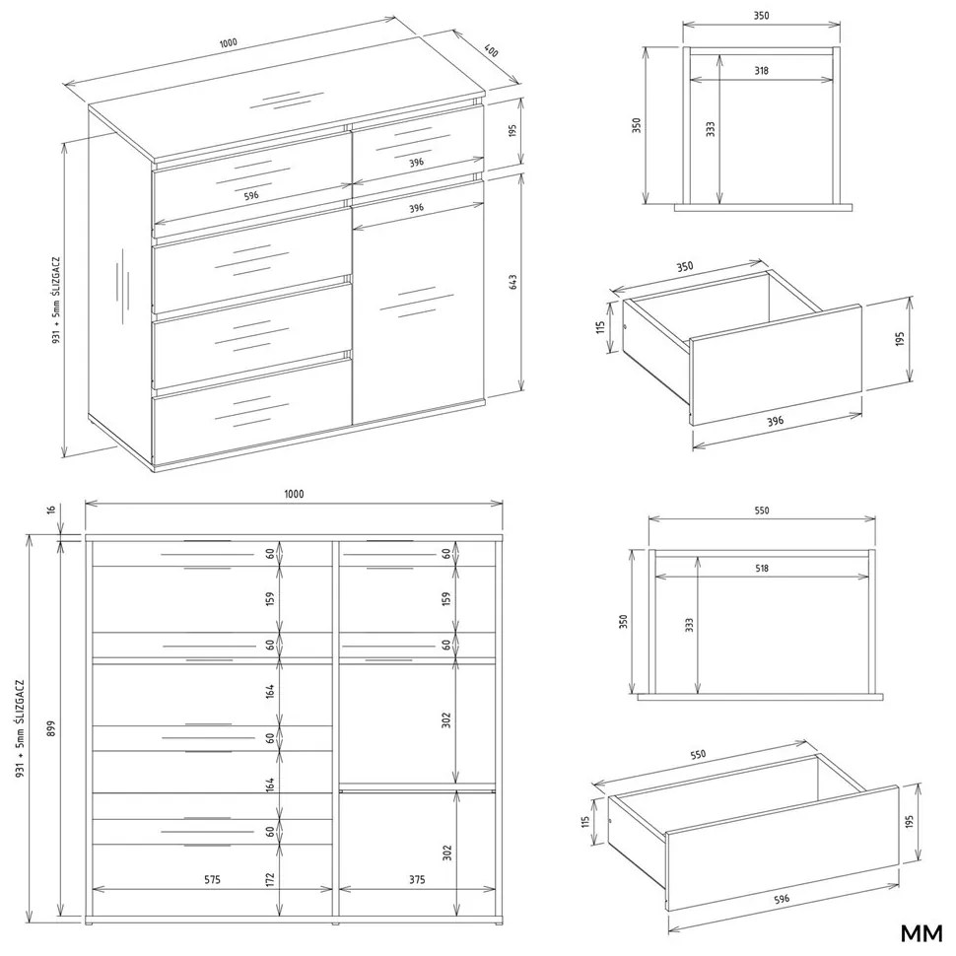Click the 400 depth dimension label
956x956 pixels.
(x=491, y=50)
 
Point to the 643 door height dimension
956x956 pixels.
(x=512, y=282)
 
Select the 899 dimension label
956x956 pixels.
(x=51, y=728)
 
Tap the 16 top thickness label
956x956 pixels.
(x=51, y=511)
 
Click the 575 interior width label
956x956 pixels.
(x=212, y=879)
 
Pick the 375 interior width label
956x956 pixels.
(x=417, y=879)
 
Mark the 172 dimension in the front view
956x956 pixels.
(x=270, y=880)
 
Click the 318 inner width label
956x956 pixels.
(x=761, y=70)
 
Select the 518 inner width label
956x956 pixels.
(x=762, y=568)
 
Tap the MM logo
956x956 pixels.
(x=922, y=932)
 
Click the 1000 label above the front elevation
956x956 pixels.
(x=294, y=494)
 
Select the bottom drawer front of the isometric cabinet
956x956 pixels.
(x=252, y=410)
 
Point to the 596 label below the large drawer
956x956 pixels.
(x=781, y=898)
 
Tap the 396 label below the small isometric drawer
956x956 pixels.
(x=775, y=421)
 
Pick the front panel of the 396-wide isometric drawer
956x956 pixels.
(x=776, y=366)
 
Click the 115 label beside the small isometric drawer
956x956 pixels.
(x=601, y=327)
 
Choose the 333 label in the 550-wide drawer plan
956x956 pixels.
(x=689, y=625)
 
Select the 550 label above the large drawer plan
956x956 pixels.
(x=762, y=511)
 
